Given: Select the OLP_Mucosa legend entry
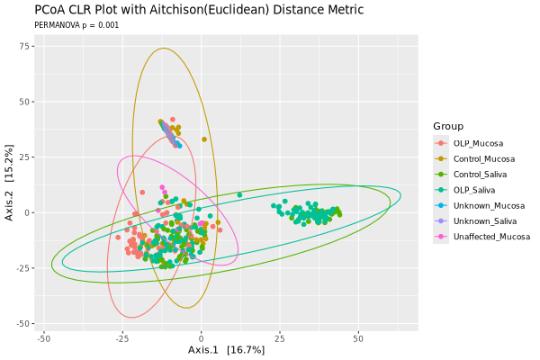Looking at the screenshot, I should pyautogui.click(x=478, y=143).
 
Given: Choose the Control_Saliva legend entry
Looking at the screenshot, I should pyautogui.click(x=481, y=175).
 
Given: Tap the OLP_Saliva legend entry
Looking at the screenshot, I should pyautogui.click(x=474, y=190).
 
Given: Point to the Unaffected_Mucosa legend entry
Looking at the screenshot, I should pyautogui.click(x=491, y=237).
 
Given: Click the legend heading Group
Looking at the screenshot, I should pyautogui.click(x=447, y=125).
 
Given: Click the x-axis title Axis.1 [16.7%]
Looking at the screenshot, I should pyautogui.click(x=226, y=349).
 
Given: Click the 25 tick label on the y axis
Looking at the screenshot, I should pyautogui.click(x=28, y=157).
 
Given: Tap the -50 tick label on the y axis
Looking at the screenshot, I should pyautogui.click(x=25, y=323).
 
